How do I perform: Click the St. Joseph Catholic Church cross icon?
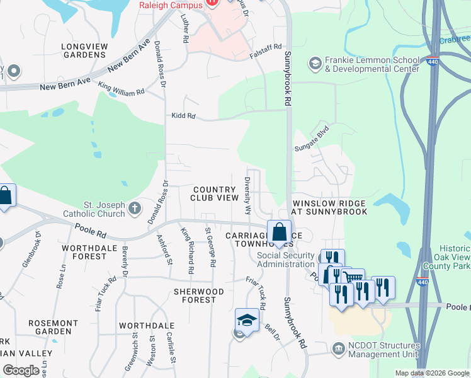(135, 209)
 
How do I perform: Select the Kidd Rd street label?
(183, 116)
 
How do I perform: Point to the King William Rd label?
(121, 89)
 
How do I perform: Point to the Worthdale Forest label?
(84, 252)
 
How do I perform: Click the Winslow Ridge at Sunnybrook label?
(329, 207)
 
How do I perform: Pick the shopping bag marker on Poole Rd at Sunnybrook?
(279, 231)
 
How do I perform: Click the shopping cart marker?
(353, 278)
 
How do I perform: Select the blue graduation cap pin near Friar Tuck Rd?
(247, 319)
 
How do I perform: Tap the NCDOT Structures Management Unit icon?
(338, 348)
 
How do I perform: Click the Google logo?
(21, 370)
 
